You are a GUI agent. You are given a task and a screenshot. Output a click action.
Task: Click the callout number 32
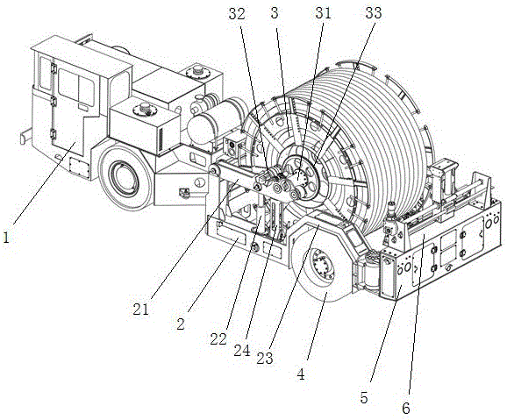click(237, 14)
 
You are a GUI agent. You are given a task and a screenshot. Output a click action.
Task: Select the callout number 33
click(374, 13)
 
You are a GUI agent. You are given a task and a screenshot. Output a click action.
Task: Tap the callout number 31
click(324, 13)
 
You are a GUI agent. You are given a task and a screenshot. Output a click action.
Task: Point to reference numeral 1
click(6, 238)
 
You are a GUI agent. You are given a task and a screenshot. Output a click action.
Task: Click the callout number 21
click(140, 310)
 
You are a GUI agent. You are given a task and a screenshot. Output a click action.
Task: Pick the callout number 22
click(218, 339)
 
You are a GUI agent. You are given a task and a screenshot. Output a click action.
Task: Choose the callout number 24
click(242, 350)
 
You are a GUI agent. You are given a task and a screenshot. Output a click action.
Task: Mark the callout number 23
click(265, 359)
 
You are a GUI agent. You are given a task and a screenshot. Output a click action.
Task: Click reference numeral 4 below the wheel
click(301, 374)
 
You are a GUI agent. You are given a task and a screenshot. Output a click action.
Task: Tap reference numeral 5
click(364, 398)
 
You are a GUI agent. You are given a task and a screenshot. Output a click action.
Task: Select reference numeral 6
click(406, 409)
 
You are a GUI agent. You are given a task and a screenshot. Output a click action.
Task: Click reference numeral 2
click(181, 324)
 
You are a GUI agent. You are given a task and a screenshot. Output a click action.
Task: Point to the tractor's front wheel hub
click(122, 179)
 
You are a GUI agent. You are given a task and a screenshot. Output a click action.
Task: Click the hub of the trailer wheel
click(321, 266)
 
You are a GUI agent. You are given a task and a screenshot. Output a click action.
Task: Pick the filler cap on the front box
click(145, 109)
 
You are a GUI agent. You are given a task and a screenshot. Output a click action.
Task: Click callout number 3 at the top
click(275, 13)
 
